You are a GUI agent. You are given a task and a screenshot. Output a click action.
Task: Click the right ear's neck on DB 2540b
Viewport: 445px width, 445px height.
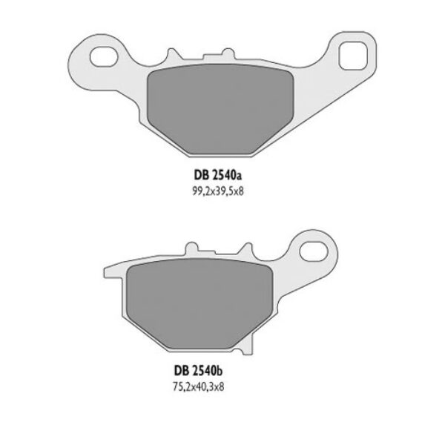pos(286,260)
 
